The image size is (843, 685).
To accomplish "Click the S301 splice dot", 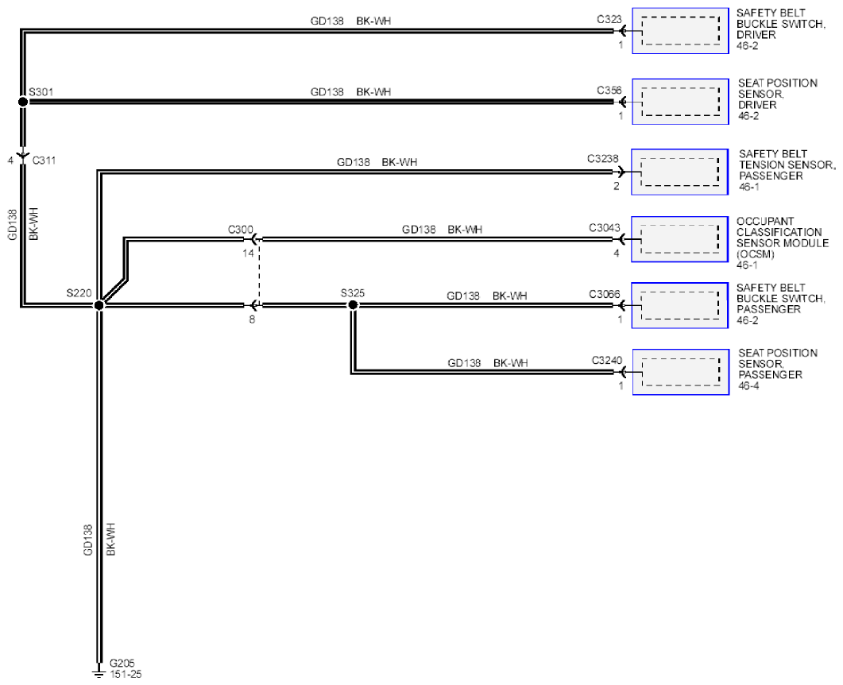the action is (x=22, y=101).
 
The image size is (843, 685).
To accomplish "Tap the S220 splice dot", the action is (x=99, y=305).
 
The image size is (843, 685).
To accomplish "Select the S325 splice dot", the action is (x=353, y=305).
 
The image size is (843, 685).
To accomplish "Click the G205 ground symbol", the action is (x=99, y=671).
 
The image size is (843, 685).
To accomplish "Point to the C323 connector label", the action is (x=609, y=19).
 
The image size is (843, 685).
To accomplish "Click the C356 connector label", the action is (x=609, y=91).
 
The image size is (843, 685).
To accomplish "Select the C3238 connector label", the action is (x=603, y=159).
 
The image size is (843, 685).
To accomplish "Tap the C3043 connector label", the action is (x=605, y=227).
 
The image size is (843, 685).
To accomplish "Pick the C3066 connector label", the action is (x=605, y=294).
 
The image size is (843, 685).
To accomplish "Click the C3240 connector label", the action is (x=607, y=360).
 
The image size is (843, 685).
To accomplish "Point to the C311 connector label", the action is (x=44, y=161).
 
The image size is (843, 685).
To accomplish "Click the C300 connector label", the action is (x=240, y=230).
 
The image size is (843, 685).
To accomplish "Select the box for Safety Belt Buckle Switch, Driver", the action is (x=680, y=31).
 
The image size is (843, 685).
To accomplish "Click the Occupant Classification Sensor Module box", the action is (x=679, y=239).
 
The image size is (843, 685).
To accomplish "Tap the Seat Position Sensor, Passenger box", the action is (x=681, y=372).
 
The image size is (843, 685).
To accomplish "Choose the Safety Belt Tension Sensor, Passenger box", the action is (x=679, y=172).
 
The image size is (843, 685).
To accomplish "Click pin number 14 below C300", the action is (x=248, y=253).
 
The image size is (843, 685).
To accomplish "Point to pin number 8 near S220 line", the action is (x=252, y=319).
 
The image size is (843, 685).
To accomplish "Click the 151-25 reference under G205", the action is (x=126, y=674).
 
